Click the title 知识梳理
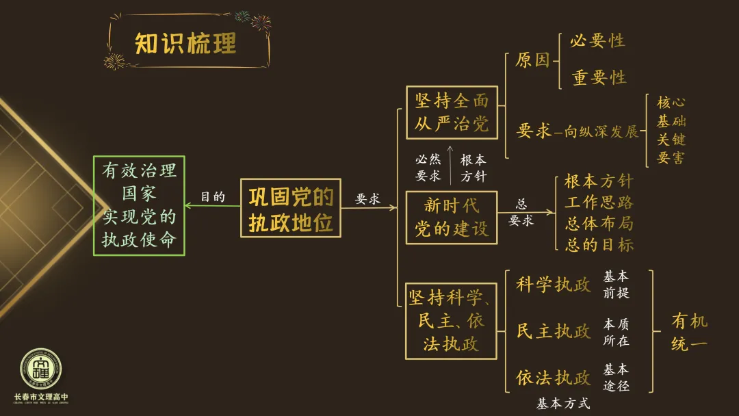tap(185, 44)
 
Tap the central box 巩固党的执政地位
tap(291, 208)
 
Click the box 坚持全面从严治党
tap(452, 113)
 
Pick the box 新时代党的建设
tap(452, 217)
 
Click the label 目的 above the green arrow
tap(213, 196)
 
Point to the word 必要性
tap(598, 41)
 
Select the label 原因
tap(532, 60)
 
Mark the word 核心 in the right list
tap(671, 103)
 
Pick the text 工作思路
tap(599, 203)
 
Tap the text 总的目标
tap(599, 244)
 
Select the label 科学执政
tap(553, 285)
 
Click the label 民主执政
tap(553, 331)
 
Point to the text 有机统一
tap(689, 332)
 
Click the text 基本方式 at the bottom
tap(563, 404)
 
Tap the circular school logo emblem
tap(41, 369)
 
